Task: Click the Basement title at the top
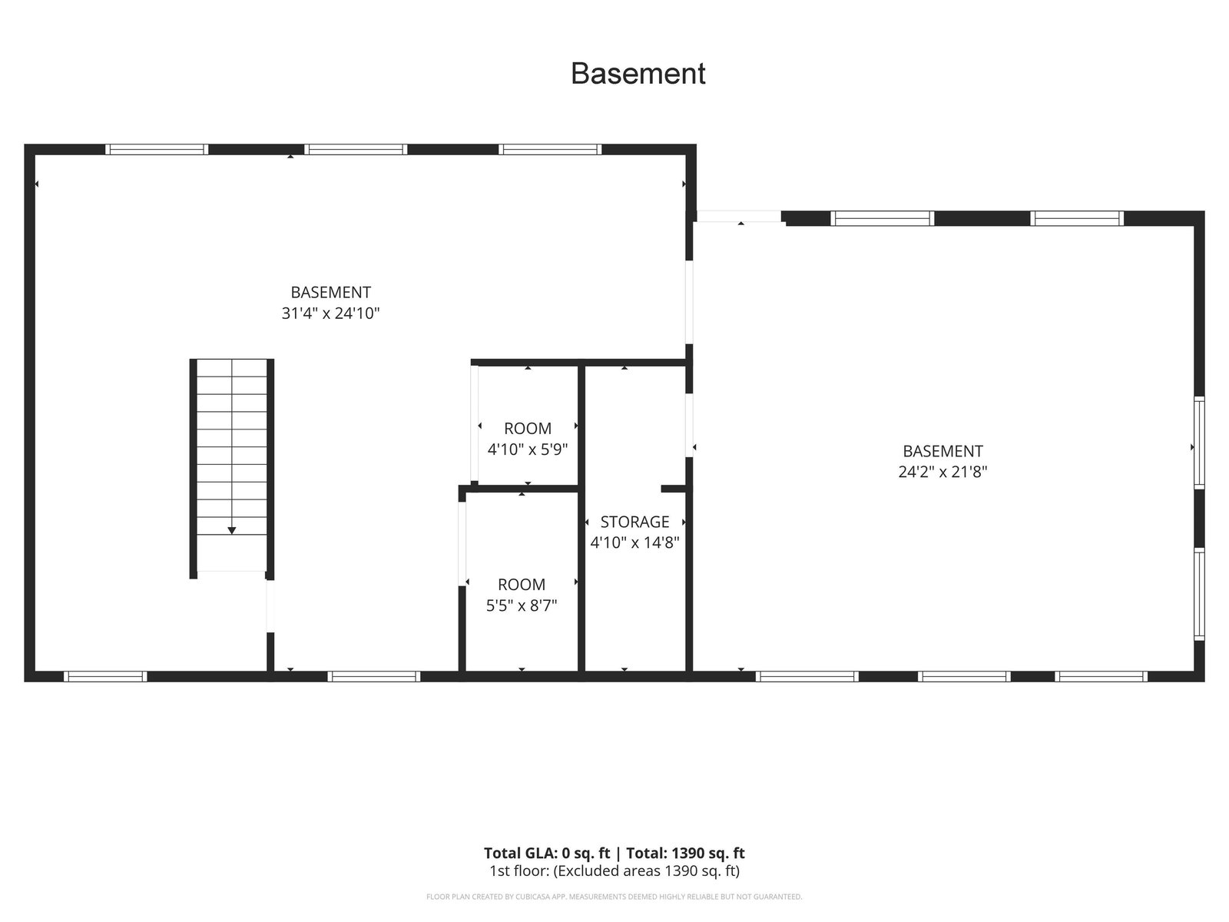[x=638, y=73]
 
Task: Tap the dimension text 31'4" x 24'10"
[x=330, y=313]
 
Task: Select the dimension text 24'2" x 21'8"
[x=942, y=472]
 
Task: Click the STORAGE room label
[x=634, y=522]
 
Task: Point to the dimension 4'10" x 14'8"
[x=634, y=542]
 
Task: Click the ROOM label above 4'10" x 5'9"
[x=528, y=428]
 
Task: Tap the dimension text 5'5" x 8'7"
[x=522, y=605]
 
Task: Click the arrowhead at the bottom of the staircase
[x=231, y=530]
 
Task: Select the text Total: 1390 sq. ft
[x=685, y=853]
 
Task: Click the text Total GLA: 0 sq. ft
[x=546, y=853]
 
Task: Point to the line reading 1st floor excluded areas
[x=614, y=871]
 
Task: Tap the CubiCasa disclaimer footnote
[x=614, y=897]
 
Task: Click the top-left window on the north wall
[x=157, y=150]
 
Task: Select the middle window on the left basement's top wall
[x=356, y=150]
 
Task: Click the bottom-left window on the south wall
[x=105, y=676]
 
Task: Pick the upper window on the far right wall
[x=1199, y=443]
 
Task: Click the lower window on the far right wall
[x=1199, y=594]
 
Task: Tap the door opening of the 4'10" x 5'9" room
[x=474, y=423]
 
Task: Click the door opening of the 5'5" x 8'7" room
[x=462, y=543]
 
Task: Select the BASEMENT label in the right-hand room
[x=942, y=451]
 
